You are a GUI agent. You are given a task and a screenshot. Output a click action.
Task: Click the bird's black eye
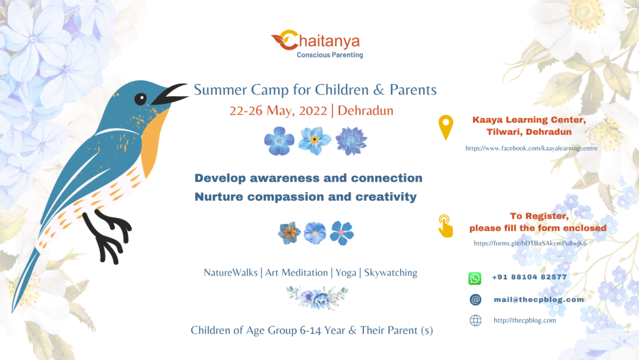tap(140, 99)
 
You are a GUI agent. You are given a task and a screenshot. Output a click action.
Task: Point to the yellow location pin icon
tap(446, 127)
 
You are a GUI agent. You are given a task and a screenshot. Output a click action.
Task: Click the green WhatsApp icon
tap(475, 278)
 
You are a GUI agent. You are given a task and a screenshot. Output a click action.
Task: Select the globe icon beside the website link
tap(475, 321)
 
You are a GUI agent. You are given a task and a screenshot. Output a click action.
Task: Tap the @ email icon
tap(475, 299)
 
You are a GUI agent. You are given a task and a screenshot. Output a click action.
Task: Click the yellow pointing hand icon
tap(445, 226)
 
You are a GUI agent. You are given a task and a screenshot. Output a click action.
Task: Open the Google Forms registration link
tap(530, 243)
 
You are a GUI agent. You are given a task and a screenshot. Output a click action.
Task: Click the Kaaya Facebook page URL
tap(532, 148)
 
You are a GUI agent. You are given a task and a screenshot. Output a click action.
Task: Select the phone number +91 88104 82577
tap(529, 277)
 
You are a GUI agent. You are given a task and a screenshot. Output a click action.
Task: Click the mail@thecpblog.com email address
tap(539, 299)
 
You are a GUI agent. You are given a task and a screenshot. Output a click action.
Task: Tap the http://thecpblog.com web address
tap(524, 320)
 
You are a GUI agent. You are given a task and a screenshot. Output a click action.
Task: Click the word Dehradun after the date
tap(365, 110)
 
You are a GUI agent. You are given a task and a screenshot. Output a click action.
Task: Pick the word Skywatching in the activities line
tap(391, 273)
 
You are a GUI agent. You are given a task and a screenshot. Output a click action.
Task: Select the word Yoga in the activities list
tap(346, 273)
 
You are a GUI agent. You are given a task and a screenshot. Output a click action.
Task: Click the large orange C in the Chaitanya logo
tap(288, 40)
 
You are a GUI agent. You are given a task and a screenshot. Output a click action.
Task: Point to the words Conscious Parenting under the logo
tap(329, 55)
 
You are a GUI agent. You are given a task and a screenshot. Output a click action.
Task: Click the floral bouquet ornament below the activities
tap(317, 297)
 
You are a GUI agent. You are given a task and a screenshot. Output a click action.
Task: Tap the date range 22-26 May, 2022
tap(278, 110)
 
